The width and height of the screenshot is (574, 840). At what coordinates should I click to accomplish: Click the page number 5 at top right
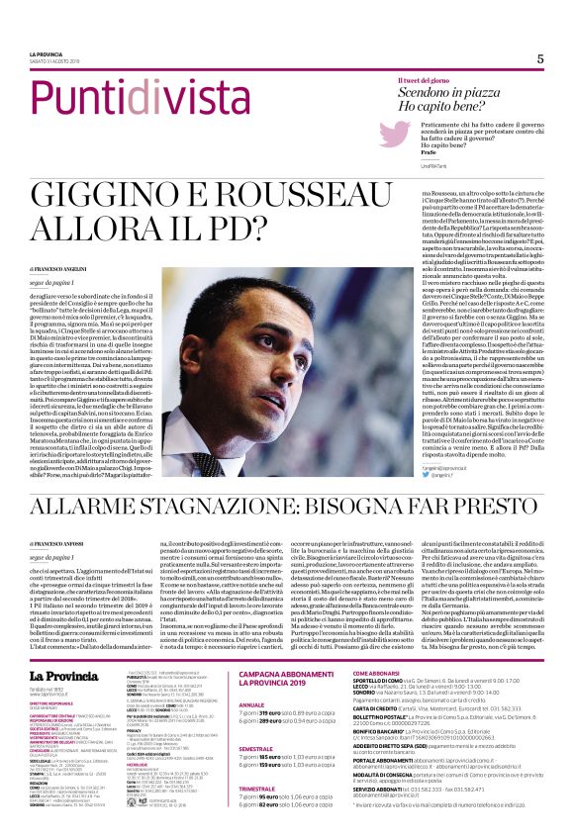click(540, 58)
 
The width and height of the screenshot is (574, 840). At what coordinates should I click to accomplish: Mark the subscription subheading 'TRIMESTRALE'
click(258, 805)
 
